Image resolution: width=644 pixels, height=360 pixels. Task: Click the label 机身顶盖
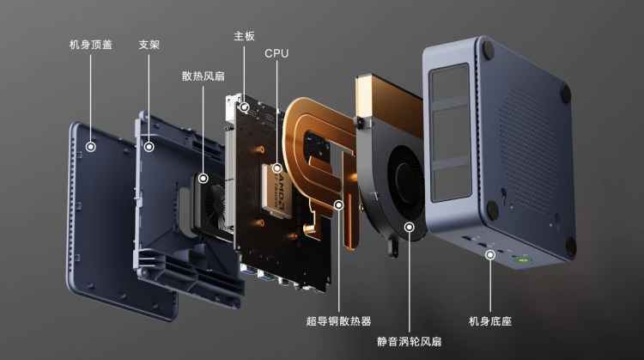pyautogui.click(x=91, y=45)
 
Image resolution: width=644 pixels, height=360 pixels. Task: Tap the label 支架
pyautogui.click(x=149, y=45)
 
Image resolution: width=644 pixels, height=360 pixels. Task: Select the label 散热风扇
pyautogui.click(x=203, y=76)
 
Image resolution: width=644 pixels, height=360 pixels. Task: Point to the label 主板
pyautogui.click(x=245, y=36)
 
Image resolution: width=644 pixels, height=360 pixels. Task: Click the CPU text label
pyautogui.click(x=276, y=53)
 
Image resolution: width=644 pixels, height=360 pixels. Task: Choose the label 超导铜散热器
pyautogui.click(x=338, y=321)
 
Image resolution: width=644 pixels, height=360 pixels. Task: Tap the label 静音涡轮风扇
pyautogui.click(x=409, y=341)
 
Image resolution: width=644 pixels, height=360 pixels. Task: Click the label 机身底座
pyautogui.click(x=490, y=321)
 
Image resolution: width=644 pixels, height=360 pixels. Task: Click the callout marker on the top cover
pyautogui.click(x=91, y=147)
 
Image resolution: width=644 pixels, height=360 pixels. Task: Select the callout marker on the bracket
pyautogui.click(x=149, y=147)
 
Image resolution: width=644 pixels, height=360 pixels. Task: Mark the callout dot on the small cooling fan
pyautogui.click(x=204, y=179)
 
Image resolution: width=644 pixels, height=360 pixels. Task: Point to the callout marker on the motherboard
pyautogui.click(x=245, y=107)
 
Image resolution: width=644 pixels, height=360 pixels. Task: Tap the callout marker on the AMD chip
pyautogui.click(x=276, y=168)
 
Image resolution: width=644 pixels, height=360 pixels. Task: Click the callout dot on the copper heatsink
pyautogui.click(x=338, y=204)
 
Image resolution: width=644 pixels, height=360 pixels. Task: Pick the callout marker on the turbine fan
pyautogui.click(x=409, y=227)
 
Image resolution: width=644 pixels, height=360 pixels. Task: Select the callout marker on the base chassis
pyautogui.click(x=490, y=255)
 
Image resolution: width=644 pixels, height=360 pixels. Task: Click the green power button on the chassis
pyautogui.click(x=521, y=260)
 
